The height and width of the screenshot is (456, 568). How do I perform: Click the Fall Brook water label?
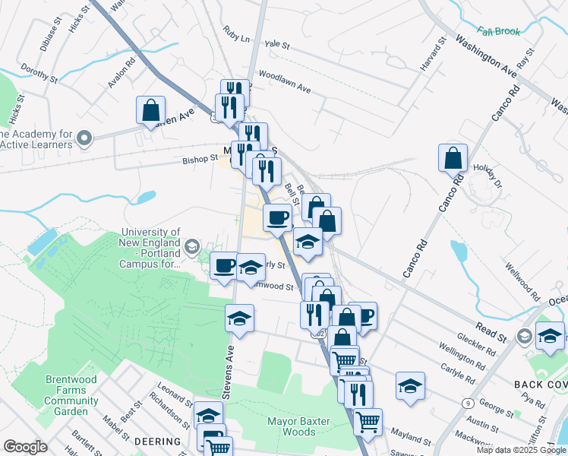pos(497,32)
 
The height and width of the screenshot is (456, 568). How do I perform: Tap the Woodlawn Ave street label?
pos(285,81)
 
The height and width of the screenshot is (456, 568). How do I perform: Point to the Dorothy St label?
pos(39,74)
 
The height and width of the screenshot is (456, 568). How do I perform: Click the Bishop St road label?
pos(200,160)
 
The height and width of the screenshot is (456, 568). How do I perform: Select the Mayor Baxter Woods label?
pos(292,426)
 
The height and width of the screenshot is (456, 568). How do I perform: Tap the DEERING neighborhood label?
pos(158,442)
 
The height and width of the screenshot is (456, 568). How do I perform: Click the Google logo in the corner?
pos(25,447)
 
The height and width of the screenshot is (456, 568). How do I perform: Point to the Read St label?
pos(491,333)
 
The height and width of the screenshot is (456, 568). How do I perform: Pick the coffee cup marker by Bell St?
pos(277,218)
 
